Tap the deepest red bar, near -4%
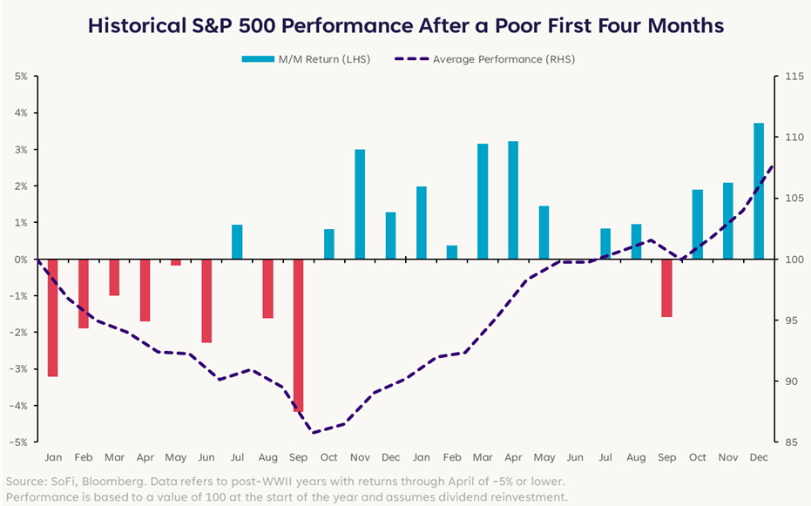(x=299, y=335)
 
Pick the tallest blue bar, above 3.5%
(x=758, y=192)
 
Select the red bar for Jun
(x=206, y=300)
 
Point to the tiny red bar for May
(x=176, y=262)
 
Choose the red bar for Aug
(x=267, y=288)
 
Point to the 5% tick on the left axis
(x=21, y=77)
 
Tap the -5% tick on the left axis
(x=19, y=442)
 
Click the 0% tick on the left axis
(x=21, y=260)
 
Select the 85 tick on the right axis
(x=791, y=442)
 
